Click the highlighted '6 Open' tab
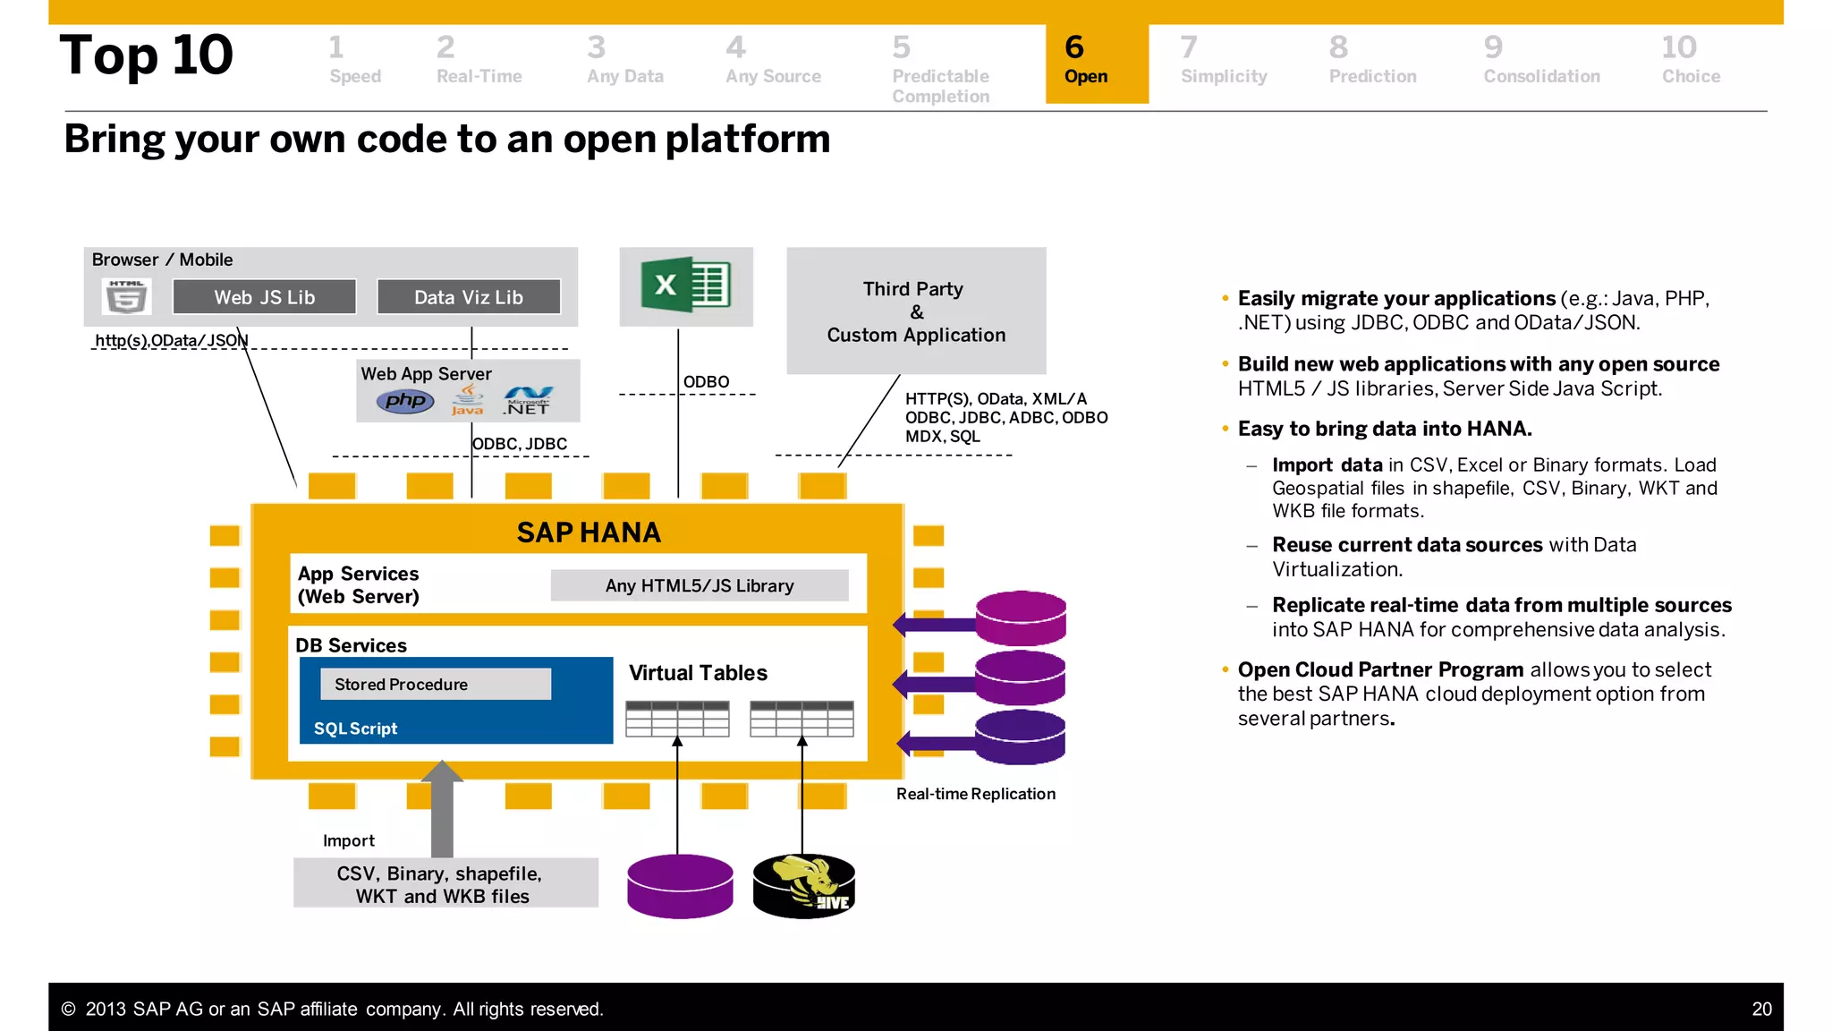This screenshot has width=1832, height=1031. pos(1096,63)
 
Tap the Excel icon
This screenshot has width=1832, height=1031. pos(686,285)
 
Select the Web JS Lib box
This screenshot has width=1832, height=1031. pos(264,297)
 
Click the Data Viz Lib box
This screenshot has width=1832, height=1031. pos(469,297)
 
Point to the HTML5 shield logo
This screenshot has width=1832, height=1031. pos(126,296)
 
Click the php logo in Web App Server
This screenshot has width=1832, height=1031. pos(405,401)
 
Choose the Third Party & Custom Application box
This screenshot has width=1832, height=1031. pos(916,311)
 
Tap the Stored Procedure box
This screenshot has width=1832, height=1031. pos(435,685)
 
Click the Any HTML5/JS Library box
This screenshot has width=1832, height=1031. pos(699,585)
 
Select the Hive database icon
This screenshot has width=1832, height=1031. pos(803,886)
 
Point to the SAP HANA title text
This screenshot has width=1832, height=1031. pos(589,533)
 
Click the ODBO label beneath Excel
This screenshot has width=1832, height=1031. pos(706,382)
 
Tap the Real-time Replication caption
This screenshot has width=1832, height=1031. pos(975,794)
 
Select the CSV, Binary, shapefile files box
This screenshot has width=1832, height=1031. pos(445,884)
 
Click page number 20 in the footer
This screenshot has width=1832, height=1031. pos(1760,1009)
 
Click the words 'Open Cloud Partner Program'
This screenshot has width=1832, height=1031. pos(1380,669)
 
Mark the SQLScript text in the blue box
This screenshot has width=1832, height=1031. pos(355,729)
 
